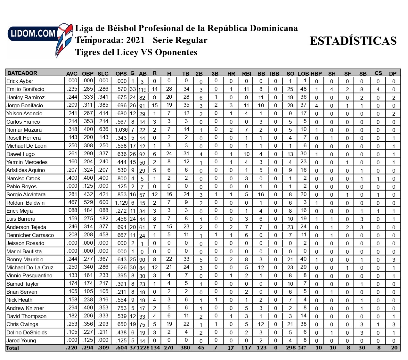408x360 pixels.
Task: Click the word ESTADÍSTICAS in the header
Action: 353,41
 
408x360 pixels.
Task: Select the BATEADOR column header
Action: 22,73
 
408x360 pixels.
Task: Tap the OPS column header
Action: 121,74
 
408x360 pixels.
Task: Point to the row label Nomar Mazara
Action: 24,130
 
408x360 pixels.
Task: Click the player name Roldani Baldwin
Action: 25,203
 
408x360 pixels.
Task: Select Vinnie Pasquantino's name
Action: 29,275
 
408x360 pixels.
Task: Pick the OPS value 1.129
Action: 121,203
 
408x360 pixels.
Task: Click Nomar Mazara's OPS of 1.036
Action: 121,130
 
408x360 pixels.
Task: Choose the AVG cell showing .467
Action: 72,202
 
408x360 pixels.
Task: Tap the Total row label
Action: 12,348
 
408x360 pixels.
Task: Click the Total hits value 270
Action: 168,348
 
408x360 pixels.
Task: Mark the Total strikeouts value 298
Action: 290,348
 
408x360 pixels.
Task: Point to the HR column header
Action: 231,74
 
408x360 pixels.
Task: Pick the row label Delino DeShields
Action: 27,332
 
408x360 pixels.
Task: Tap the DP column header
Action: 393,74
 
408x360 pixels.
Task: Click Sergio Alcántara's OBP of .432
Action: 88,194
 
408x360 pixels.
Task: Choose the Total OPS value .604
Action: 122,348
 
